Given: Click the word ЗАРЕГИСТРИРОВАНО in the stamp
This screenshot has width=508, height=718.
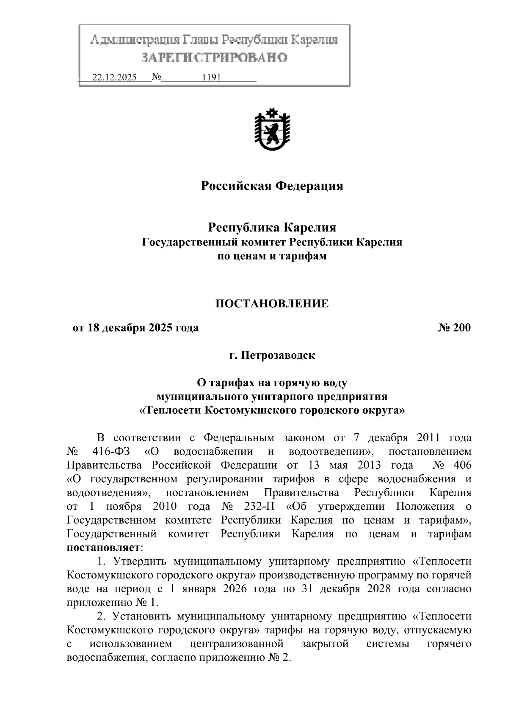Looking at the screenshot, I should pyautogui.click(x=214, y=58).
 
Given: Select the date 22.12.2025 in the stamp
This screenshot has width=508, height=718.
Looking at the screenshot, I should pyautogui.click(x=114, y=78).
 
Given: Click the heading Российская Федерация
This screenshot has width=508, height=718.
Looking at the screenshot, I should pyautogui.click(x=272, y=186).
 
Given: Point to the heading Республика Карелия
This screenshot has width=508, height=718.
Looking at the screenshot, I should pyautogui.click(x=272, y=228).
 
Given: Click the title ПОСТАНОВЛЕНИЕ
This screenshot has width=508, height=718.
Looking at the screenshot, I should pyautogui.click(x=272, y=303).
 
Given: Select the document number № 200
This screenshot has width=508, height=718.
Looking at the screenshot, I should pyautogui.click(x=454, y=328).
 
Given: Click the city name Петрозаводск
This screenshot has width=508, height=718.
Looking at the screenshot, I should pyautogui.click(x=278, y=355).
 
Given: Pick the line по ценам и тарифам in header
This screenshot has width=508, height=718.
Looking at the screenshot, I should pyautogui.click(x=272, y=256).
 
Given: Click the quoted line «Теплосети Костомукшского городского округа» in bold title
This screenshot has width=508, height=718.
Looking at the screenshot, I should pyautogui.click(x=272, y=410).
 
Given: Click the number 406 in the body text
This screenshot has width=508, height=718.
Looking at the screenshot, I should pyautogui.click(x=462, y=465).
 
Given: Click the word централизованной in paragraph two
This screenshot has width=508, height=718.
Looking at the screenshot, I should pyautogui.click(x=237, y=644).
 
